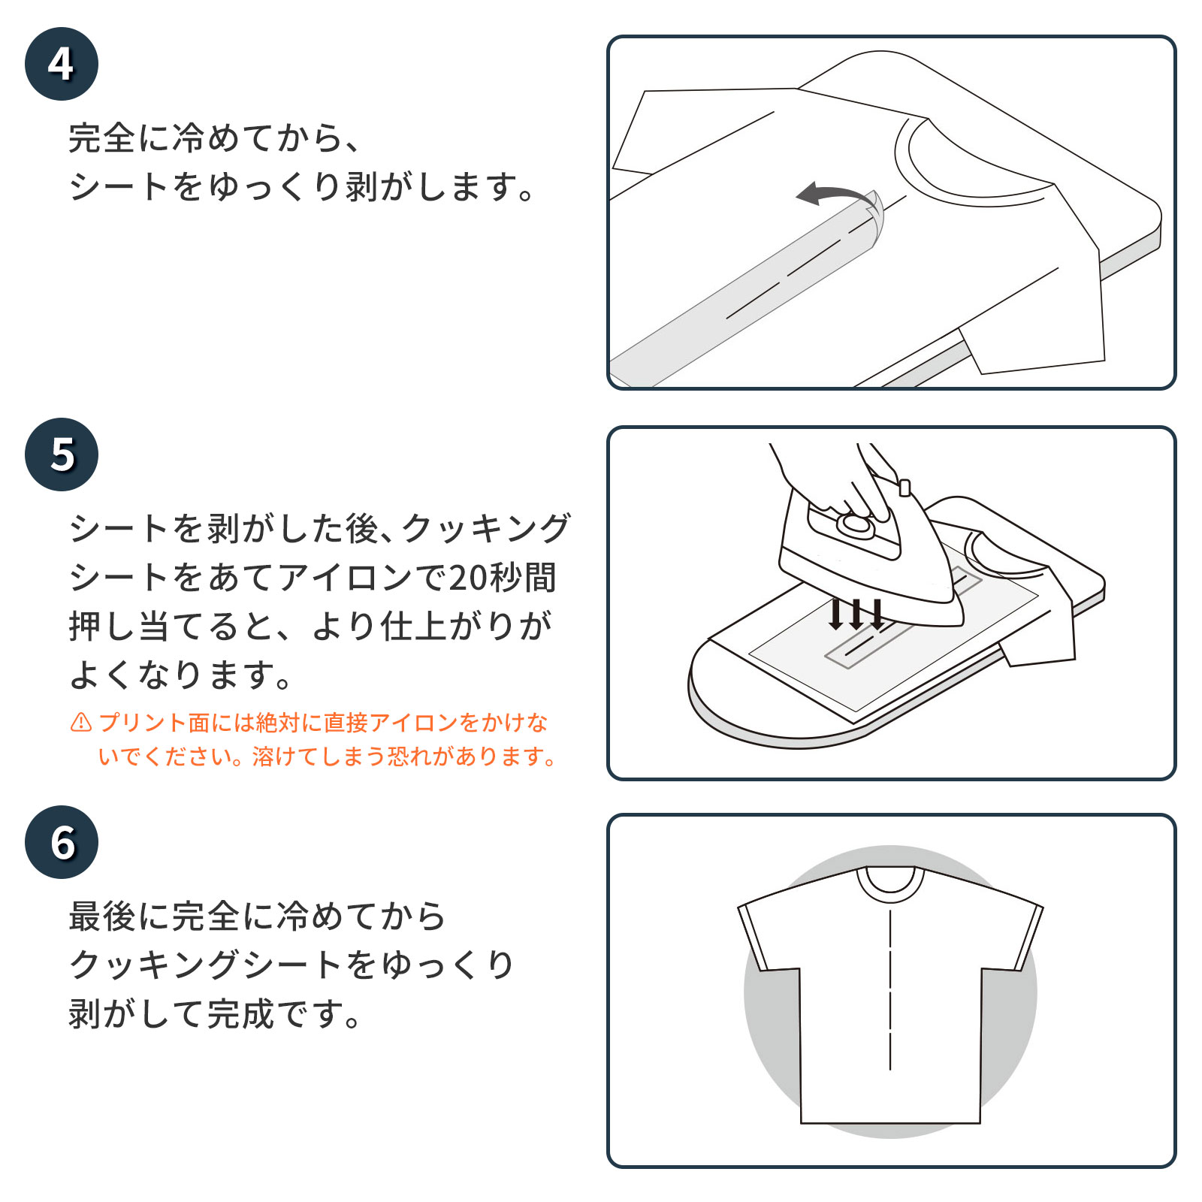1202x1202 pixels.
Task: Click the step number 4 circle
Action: [x=62, y=64]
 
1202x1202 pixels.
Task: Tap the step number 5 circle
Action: [x=62, y=455]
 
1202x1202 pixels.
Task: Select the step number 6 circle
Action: [x=62, y=842]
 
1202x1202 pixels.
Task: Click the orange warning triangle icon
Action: [x=81, y=723]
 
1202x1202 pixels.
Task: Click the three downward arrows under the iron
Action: [x=856, y=614]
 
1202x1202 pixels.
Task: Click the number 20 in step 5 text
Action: [x=468, y=578]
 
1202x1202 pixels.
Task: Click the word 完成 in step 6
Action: [x=240, y=1013]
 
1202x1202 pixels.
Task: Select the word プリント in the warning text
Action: [x=143, y=723]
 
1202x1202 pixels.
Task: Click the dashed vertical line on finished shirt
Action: [x=890, y=992]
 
